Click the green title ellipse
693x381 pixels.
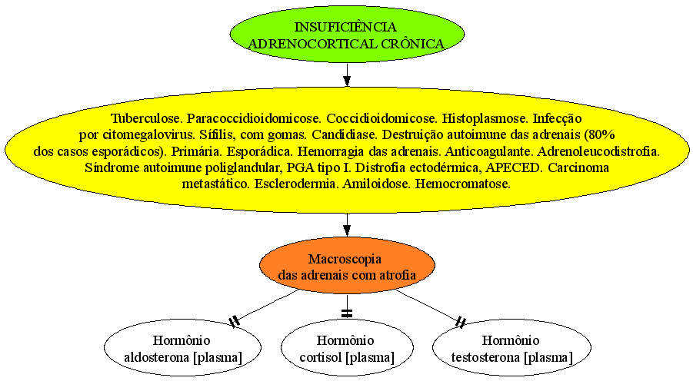(x=347, y=35)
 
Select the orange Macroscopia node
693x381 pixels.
(x=347, y=266)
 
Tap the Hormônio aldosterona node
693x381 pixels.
(x=182, y=348)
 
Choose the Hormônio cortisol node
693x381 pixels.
(x=347, y=348)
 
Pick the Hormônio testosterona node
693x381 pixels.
(x=511, y=348)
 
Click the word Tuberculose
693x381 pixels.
(x=146, y=118)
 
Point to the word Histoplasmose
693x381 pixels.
(x=485, y=118)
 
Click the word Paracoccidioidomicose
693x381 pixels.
(x=254, y=118)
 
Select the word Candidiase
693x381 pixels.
(x=345, y=134)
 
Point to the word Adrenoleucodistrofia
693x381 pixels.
(x=598, y=151)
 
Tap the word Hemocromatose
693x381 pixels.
(x=463, y=184)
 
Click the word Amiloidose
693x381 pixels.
(x=377, y=184)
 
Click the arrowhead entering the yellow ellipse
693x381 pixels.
(x=347, y=81)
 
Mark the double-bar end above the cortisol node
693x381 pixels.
(x=347, y=313)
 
